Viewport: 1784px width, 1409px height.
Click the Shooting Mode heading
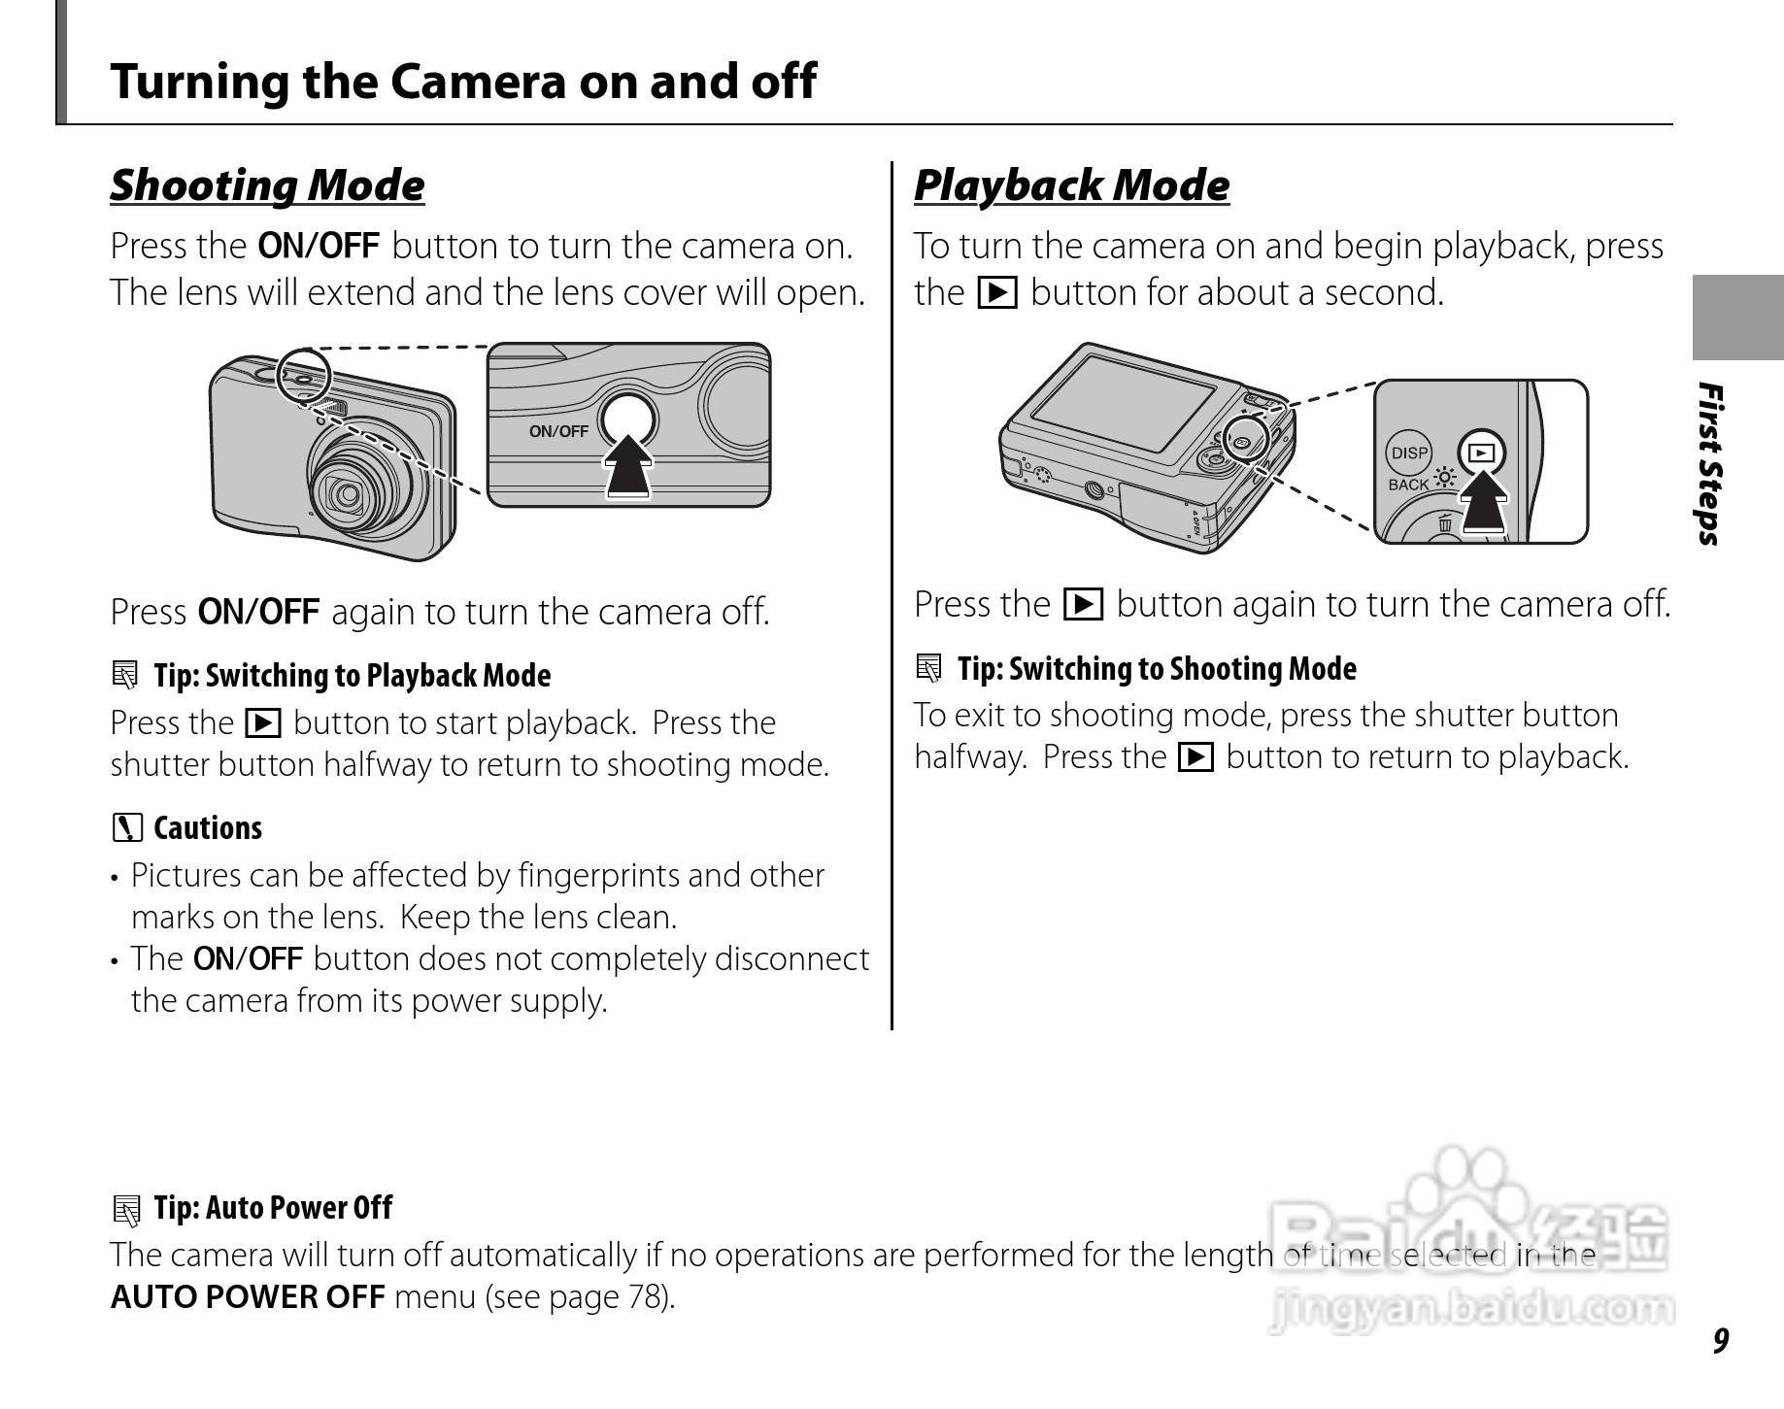[267, 185]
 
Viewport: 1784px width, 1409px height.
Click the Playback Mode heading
[1071, 185]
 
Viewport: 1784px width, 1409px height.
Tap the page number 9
[1720, 1341]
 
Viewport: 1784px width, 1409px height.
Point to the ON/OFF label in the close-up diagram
[558, 431]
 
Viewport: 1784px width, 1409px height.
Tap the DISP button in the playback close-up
[1409, 453]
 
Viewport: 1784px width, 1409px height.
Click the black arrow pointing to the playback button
[1482, 500]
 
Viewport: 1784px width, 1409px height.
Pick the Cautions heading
[208, 828]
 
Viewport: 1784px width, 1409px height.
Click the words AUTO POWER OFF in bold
[248, 1297]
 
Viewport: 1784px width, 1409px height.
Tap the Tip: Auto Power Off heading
[273, 1208]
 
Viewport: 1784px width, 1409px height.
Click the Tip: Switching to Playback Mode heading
[352, 676]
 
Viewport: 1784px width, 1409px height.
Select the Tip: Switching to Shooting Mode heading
[1157, 669]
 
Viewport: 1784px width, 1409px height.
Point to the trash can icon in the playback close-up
[1445, 524]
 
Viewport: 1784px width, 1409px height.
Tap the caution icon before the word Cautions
[126, 828]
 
